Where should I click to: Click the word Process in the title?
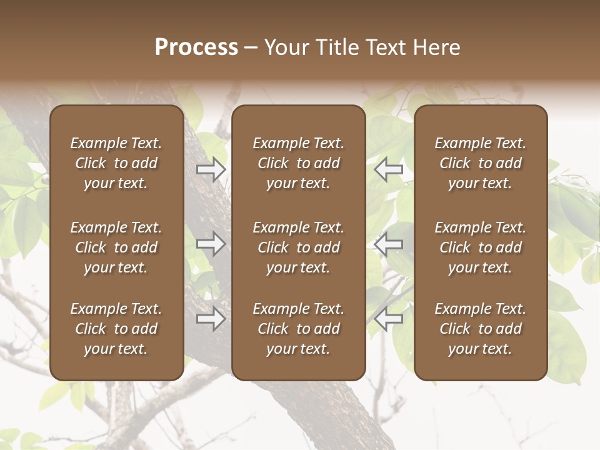pos(196,47)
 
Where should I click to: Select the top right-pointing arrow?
pos(211,169)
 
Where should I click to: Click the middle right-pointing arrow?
pos(211,244)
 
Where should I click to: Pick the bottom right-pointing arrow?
pos(211,319)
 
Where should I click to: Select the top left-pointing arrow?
pos(389,169)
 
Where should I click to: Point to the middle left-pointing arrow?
pos(389,244)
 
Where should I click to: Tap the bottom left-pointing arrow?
pos(389,319)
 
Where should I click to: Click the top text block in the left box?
pos(116,163)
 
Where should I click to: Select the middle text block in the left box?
pos(116,247)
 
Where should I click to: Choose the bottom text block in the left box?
pos(116,329)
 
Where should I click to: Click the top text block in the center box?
pos(298,163)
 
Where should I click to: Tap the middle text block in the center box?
pos(298,247)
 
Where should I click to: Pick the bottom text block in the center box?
pos(298,329)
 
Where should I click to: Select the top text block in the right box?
pos(480,163)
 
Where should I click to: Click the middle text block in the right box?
pos(480,247)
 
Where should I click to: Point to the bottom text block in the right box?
pos(480,329)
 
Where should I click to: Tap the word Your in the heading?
pos(285,47)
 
